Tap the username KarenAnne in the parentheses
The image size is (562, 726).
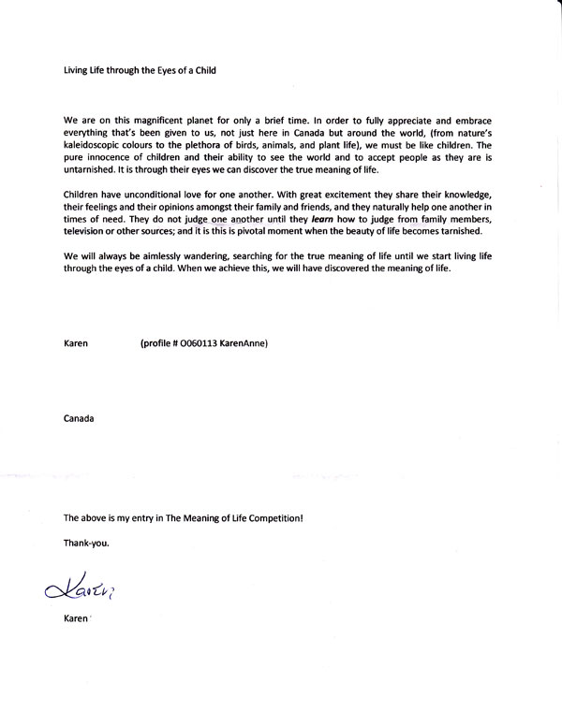tap(244, 344)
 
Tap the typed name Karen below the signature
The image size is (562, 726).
tap(76, 620)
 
